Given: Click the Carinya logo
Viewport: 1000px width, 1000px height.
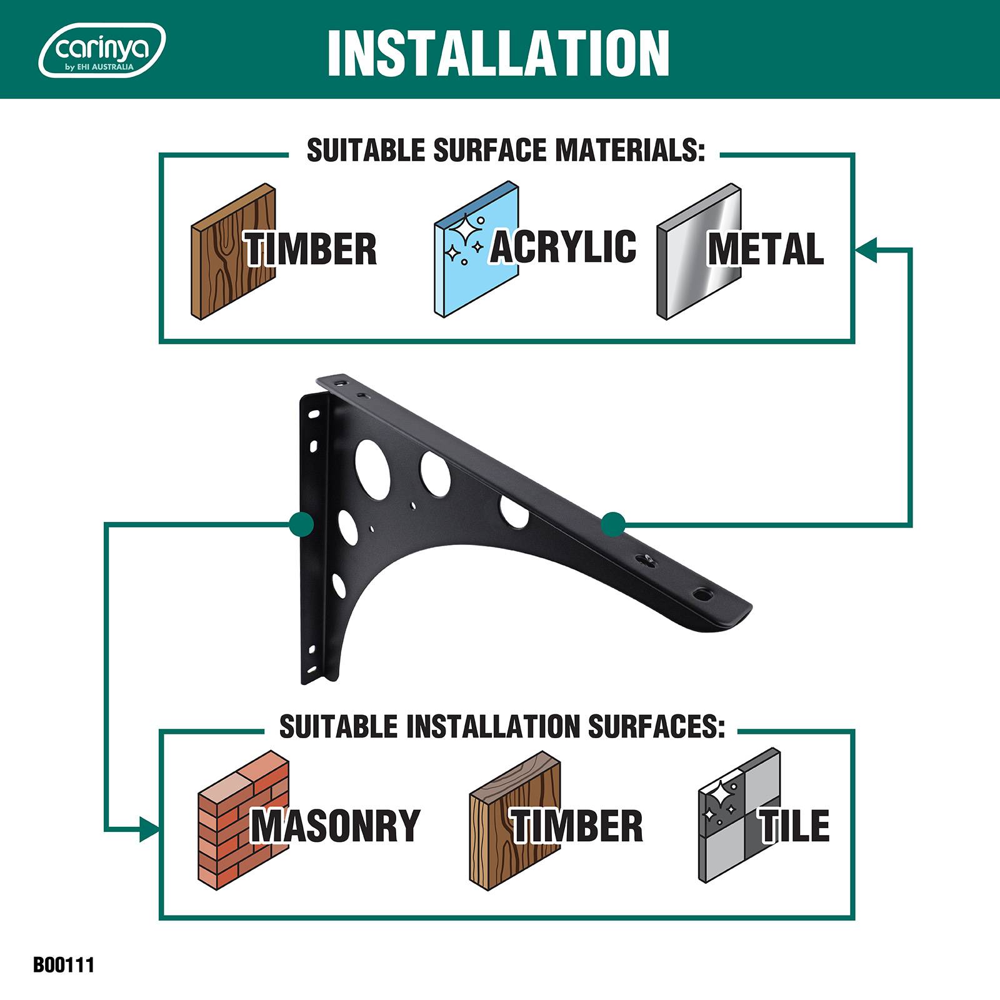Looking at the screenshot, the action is pyautogui.click(x=102, y=50).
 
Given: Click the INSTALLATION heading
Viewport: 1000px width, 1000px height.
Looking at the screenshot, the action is pyautogui.click(x=498, y=53).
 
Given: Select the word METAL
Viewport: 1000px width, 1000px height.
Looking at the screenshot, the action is pyautogui.click(x=766, y=249).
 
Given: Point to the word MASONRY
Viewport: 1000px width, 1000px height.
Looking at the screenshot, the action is pyautogui.click(x=336, y=826).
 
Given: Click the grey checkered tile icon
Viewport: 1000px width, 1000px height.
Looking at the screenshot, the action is pyautogui.click(x=739, y=816).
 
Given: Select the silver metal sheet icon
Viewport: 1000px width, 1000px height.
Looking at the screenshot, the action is pyautogui.click(x=699, y=251).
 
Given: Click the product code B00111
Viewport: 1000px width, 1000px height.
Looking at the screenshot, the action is pyautogui.click(x=64, y=964).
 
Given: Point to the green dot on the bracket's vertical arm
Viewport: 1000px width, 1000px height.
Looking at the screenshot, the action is pyautogui.click(x=301, y=524).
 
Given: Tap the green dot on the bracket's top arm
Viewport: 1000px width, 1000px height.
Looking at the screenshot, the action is pyautogui.click(x=613, y=524).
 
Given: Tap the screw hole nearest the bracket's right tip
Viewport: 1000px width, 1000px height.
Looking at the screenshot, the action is pyautogui.click(x=703, y=591).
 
